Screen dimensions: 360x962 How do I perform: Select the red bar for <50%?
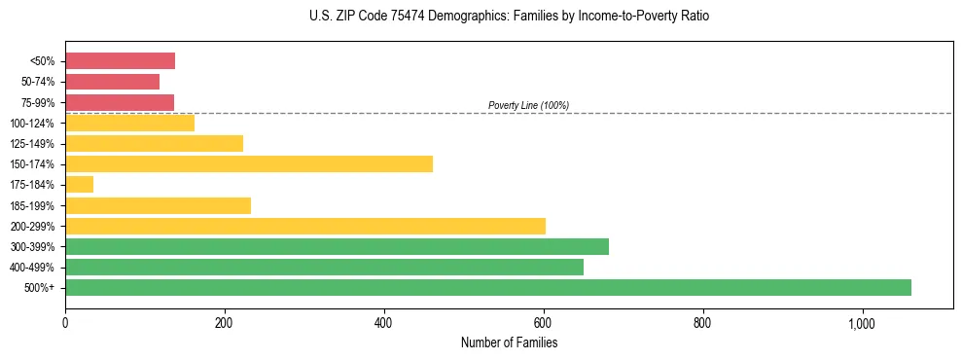(120, 61)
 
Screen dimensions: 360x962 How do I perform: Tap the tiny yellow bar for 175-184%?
(79, 185)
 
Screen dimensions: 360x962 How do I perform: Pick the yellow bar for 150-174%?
(249, 163)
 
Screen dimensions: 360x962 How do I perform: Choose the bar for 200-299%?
(305, 226)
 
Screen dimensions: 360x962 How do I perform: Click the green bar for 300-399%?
(337, 246)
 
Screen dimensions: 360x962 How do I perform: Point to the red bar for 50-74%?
(112, 82)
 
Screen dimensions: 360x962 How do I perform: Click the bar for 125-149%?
(154, 143)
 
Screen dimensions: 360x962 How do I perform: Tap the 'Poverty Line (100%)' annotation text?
(528, 105)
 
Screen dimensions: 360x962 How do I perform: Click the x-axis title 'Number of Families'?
(509, 342)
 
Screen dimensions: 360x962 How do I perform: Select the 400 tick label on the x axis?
(384, 323)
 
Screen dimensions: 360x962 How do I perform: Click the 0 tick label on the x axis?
(65, 323)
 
